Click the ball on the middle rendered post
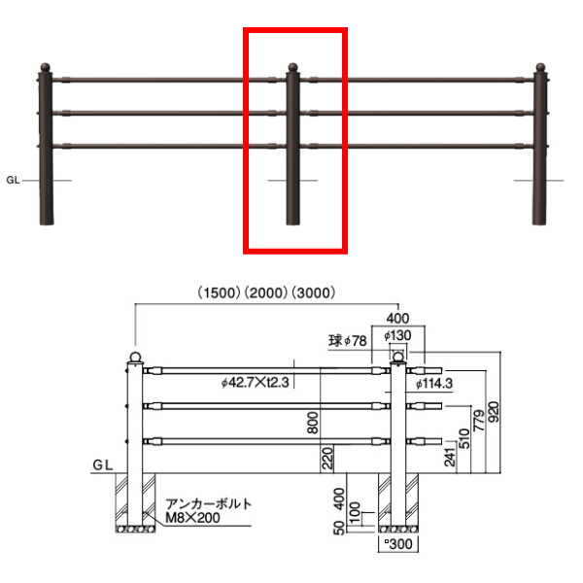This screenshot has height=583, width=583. (293, 67)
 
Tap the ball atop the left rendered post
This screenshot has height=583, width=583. (45, 67)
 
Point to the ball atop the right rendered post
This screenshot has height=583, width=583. (540, 67)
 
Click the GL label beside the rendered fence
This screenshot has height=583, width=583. (13, 181)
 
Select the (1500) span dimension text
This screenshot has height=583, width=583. (219, 293)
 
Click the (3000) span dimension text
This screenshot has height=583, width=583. (314, 293)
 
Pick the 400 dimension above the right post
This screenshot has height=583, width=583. (397, 319)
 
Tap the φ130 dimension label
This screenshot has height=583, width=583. (397, 336)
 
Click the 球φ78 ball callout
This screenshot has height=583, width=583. (348, 341)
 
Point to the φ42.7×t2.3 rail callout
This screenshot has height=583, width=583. (255, 382)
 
